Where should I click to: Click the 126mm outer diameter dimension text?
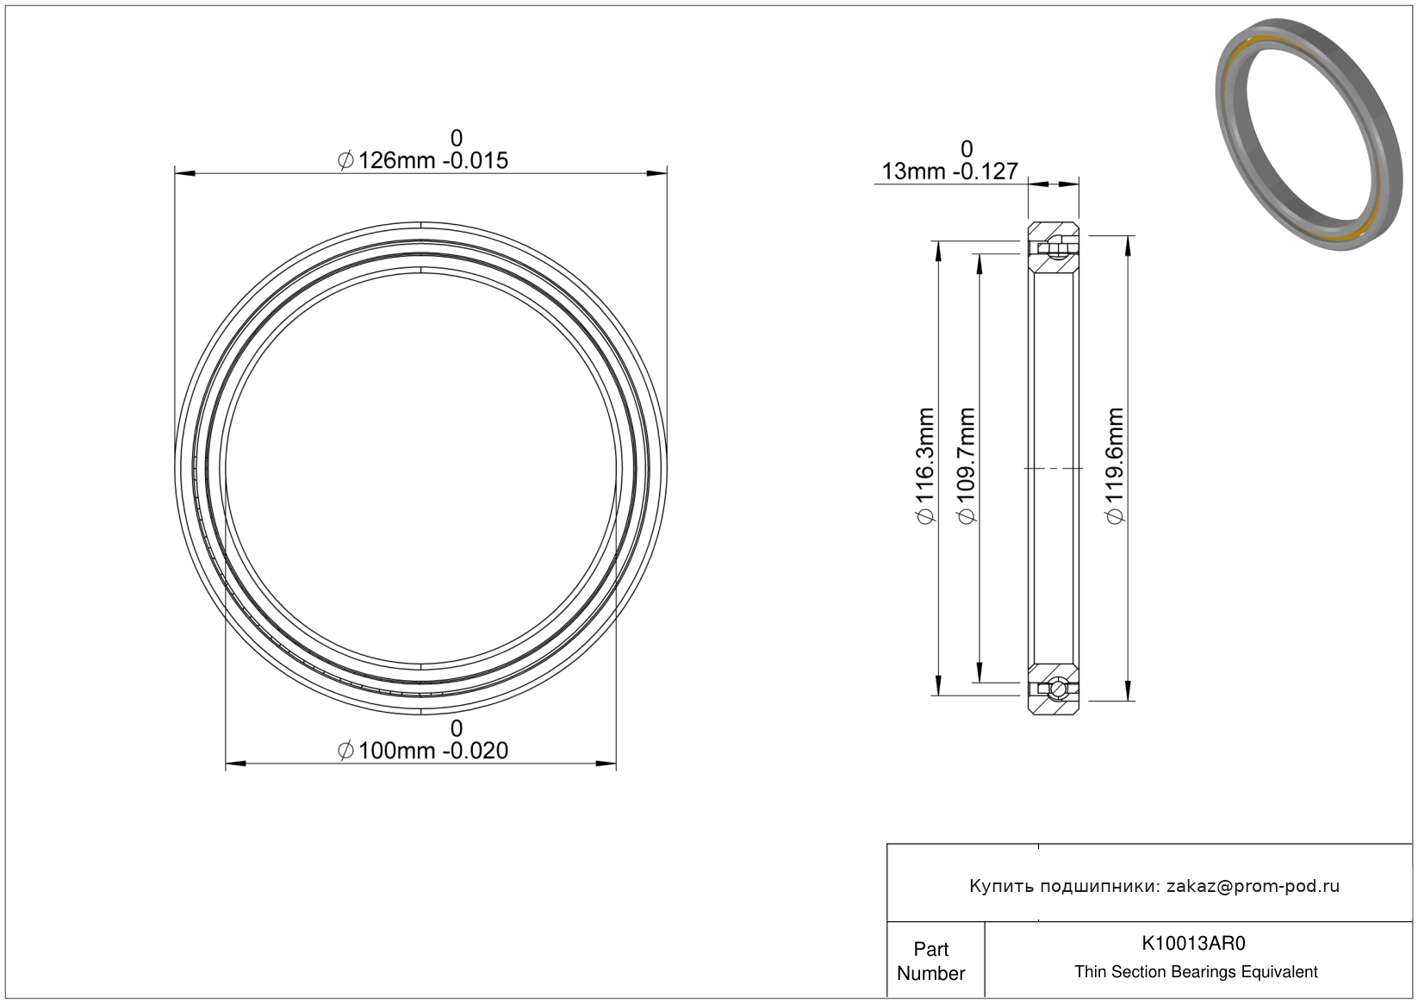[423, 161]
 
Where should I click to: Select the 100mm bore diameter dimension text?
[423, 751]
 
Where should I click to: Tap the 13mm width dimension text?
[949, 171]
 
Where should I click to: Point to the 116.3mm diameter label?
[925, 466]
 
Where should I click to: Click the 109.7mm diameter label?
[967, 466]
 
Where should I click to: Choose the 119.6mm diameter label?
[1115, 466]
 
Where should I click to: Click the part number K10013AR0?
[1193, 944]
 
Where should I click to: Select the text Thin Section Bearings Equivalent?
[1196, 972]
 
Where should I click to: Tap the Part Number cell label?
[930, 961]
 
